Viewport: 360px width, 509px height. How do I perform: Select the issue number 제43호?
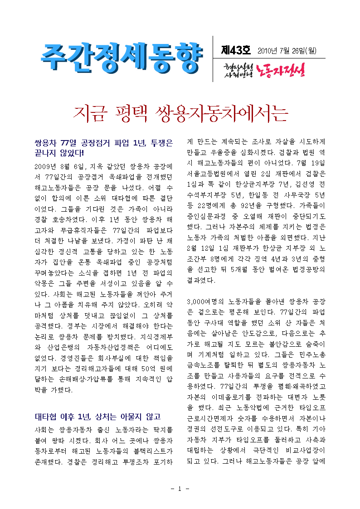pos(235,49)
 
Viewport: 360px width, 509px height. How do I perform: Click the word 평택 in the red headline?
pos(128,113)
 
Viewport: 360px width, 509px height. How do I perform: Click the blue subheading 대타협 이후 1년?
pos(97,417)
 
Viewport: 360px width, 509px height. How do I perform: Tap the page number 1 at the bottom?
pos(180,489)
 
